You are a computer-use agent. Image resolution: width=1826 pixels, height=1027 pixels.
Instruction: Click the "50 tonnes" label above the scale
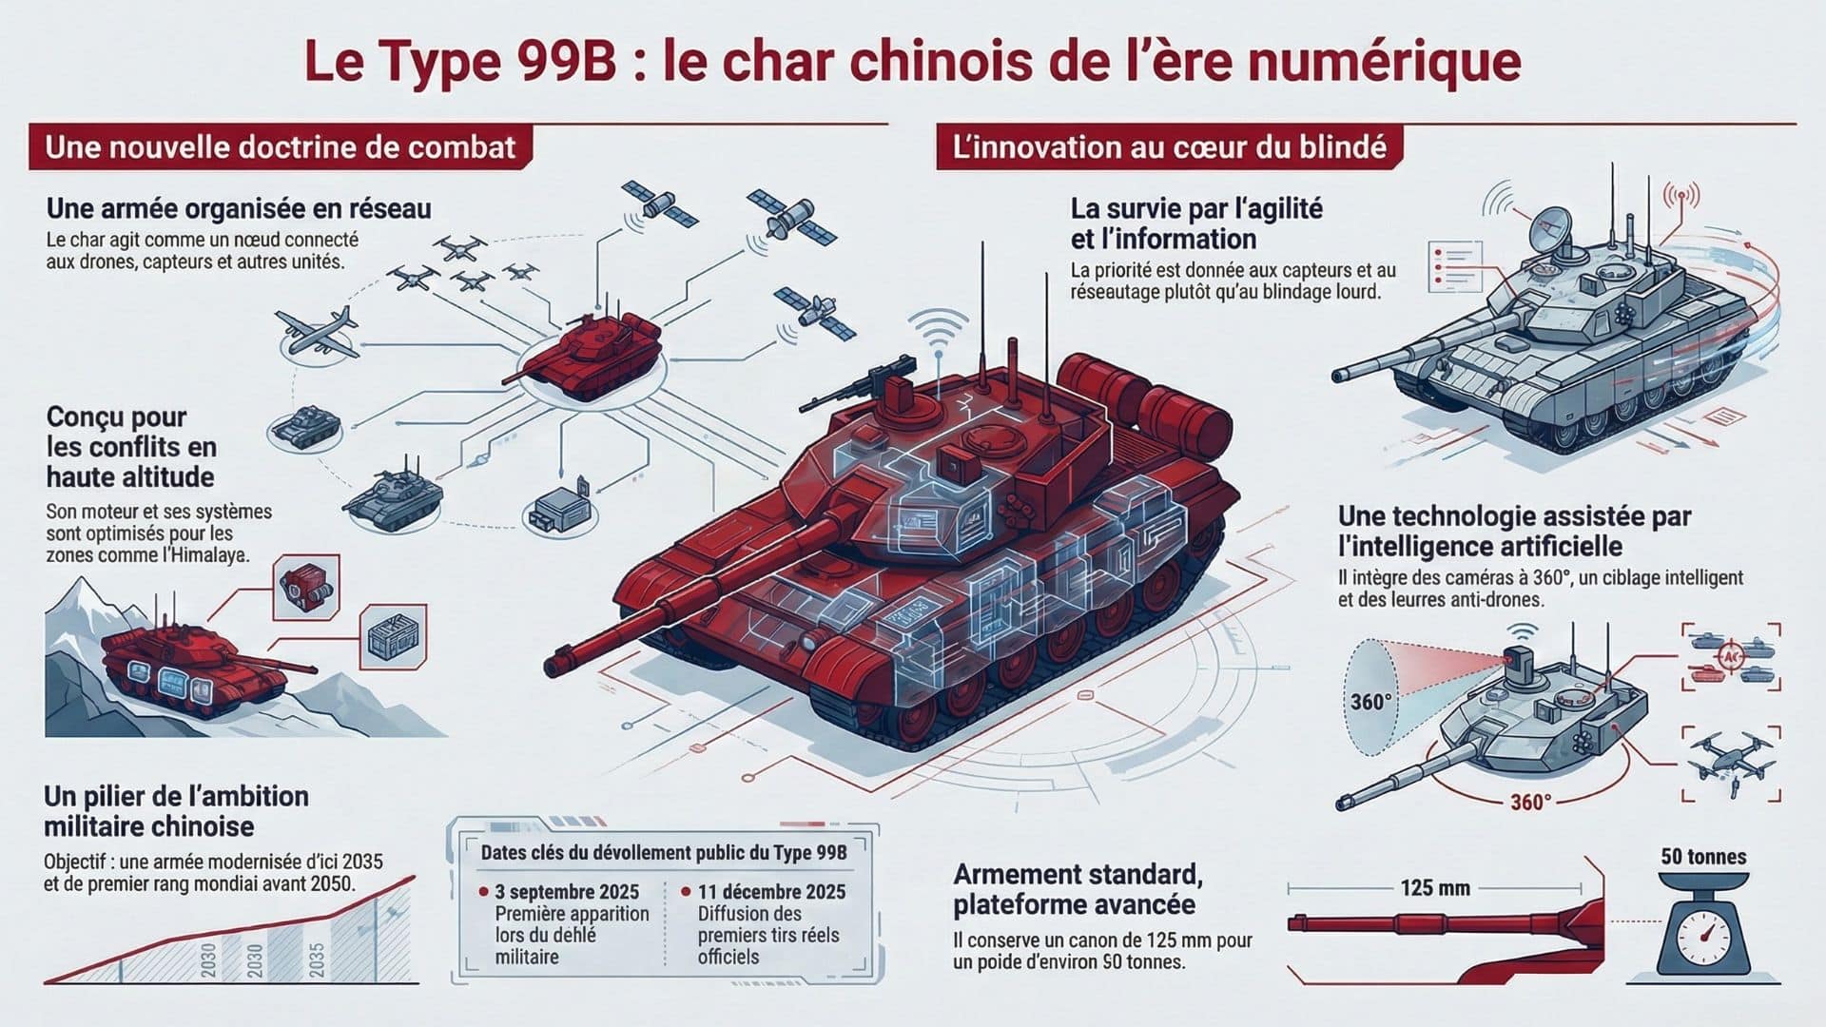[x=1703, y=857]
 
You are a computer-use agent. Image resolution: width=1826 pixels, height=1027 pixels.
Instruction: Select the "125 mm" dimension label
[x=1435, y=888]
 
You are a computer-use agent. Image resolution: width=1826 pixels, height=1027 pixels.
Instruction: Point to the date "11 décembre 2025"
[x=771, y=892]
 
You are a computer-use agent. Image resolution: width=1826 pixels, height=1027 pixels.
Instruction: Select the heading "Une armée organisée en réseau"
[x=239, y=208]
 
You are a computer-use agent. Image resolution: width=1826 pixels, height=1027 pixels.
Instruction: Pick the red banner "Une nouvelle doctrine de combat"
[x=280, y=147]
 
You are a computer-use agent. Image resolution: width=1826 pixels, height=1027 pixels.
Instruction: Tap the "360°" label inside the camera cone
[x=1370, y=703]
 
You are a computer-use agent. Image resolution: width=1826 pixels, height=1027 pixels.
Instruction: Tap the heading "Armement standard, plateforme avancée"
[x=1078, y=888]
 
